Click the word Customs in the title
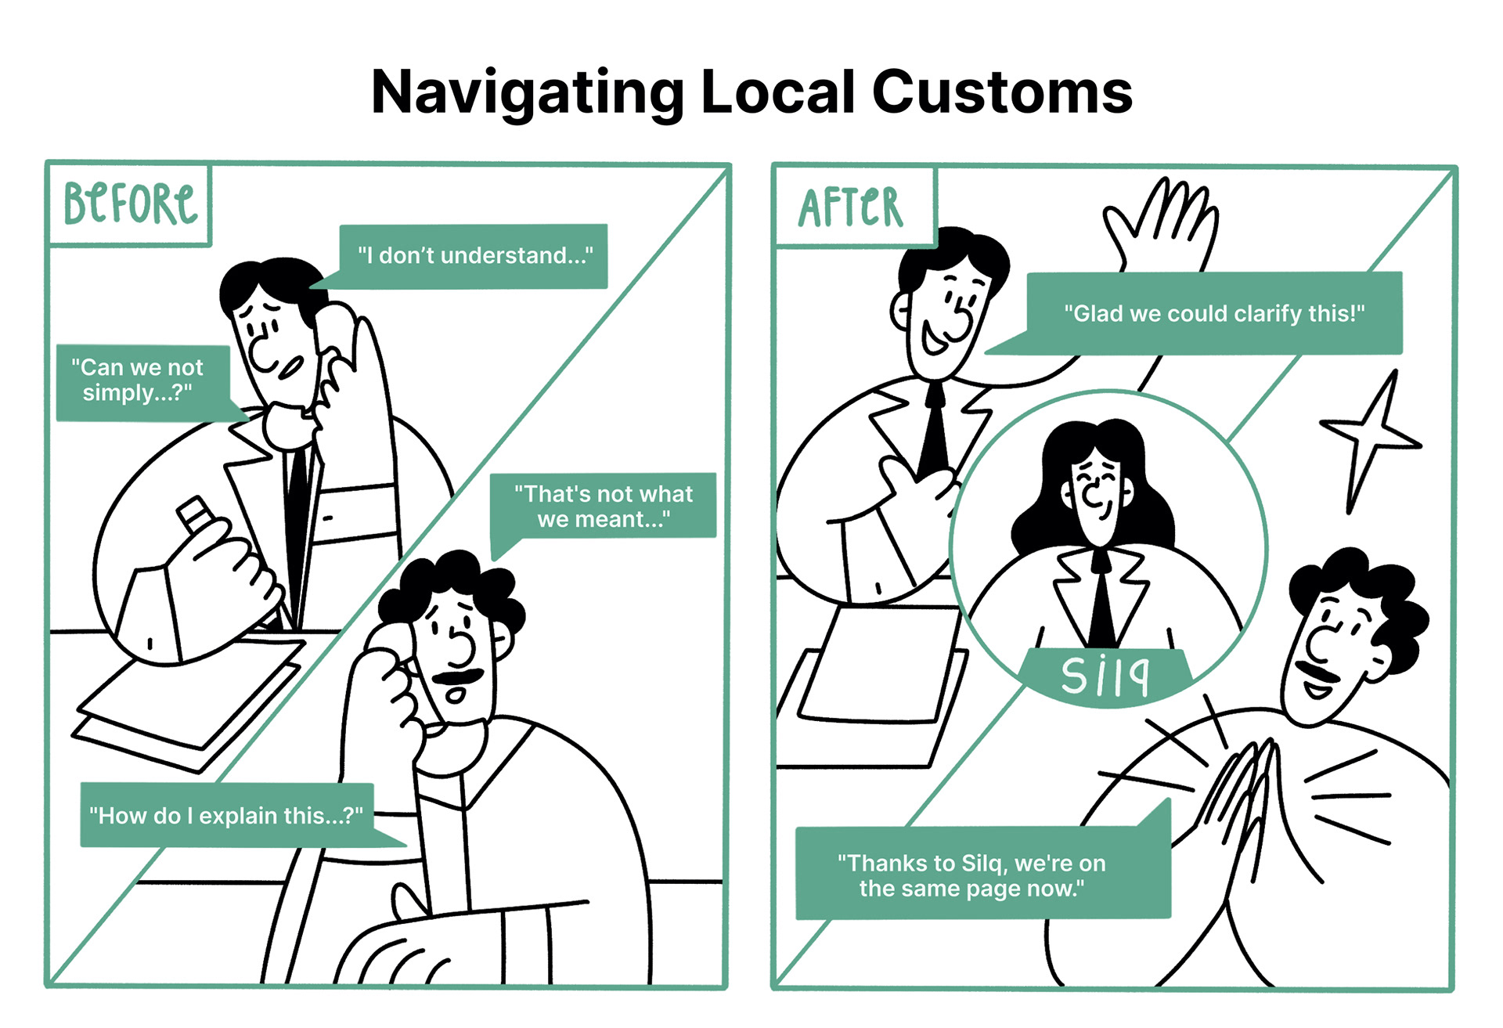(x=1002, y=92)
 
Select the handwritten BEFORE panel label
(x=130, y=204)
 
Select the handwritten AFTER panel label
(x=851, y=207)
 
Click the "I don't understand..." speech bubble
(x=474, y=256)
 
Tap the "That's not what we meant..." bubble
(x=603, y=506)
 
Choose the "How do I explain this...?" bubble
(x=226, y=815)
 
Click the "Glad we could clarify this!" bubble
(x=1213, y=313)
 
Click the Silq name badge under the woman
(x=1105, y=676)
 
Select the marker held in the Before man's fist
(x=194, y=514)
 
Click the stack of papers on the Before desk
(x=188, y=705)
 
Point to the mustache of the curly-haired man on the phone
(x=460, y=676)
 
